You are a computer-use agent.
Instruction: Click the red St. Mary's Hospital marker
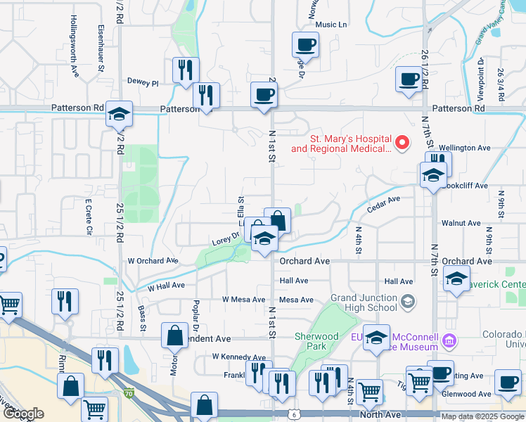[x=402, y=143]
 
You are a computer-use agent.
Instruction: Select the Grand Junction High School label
[x=363, y=302]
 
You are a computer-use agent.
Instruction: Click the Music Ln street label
[x=332, y=25]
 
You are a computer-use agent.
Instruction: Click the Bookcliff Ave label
[x=466, y=186]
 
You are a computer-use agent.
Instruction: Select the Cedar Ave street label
[x=383, y=204]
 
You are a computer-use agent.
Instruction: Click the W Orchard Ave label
[x=153, y=260]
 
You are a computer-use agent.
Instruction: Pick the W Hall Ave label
[x=166, y=286]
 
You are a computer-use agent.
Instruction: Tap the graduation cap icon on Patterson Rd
[x=120, y=113]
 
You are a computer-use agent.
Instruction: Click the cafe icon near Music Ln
[x=305, y=45]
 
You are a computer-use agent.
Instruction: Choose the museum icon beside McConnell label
[x=450, y=343]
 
